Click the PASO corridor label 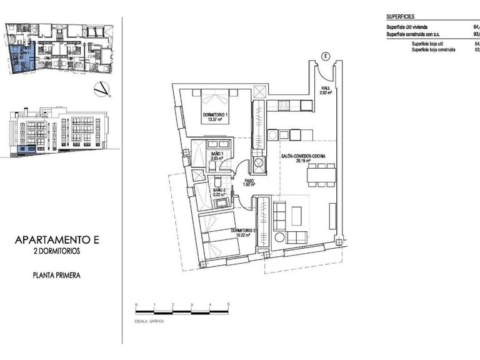point(249,182)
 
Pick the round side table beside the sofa point(279,237)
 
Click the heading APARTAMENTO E point(57,239)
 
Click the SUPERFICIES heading point(401,17)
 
